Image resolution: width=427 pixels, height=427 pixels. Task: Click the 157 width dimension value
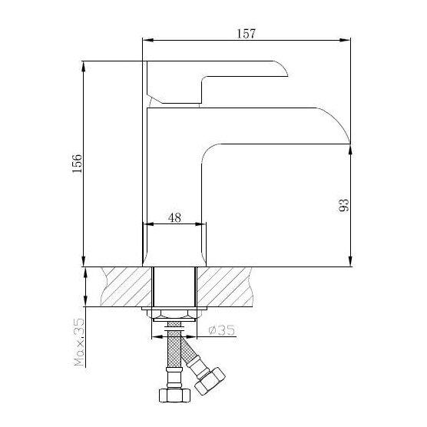[x=247, y=34]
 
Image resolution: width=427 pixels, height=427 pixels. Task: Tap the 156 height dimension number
[x=78, y=164]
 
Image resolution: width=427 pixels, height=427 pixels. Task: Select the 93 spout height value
[x=343, y=205]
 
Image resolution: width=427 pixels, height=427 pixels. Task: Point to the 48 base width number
[x=174, y=217]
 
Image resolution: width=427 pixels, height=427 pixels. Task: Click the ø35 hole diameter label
[x=221, y=330]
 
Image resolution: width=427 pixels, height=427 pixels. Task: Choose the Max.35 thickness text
[x=79, y=342]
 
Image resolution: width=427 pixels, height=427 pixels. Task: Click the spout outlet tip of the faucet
[x=349, y=143]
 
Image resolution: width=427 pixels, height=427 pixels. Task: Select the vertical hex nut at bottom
[x=174, y=396]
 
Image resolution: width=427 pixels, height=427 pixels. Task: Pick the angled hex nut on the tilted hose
[x=210, y=381]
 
